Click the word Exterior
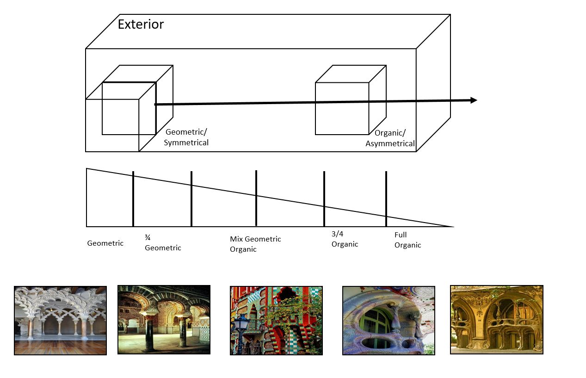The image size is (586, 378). tap(141, 24)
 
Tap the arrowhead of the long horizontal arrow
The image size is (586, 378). tap(473, 100)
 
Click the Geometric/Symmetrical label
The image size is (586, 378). tap(186, 137)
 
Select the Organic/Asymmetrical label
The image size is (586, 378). tap(390, 138)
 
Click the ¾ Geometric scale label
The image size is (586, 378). tap(162, 243)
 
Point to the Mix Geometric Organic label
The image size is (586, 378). tap(255, 244)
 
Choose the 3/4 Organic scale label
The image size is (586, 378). tap(345, 239)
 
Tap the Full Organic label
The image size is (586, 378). tap(407, 240)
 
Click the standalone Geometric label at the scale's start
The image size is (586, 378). tap(105, 243)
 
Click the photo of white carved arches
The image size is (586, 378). tap(60, 320)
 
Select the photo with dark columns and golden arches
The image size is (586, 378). tap(164, 320)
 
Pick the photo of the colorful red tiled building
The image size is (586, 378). tap(276, 320)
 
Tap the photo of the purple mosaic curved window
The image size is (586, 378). tap(389, 320)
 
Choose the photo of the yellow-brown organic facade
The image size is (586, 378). tap(496, 320)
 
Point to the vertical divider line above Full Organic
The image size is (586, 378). tap(386, 198)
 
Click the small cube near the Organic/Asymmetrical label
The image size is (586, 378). tap(342, 108)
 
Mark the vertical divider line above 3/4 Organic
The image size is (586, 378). tap(324, 198)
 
